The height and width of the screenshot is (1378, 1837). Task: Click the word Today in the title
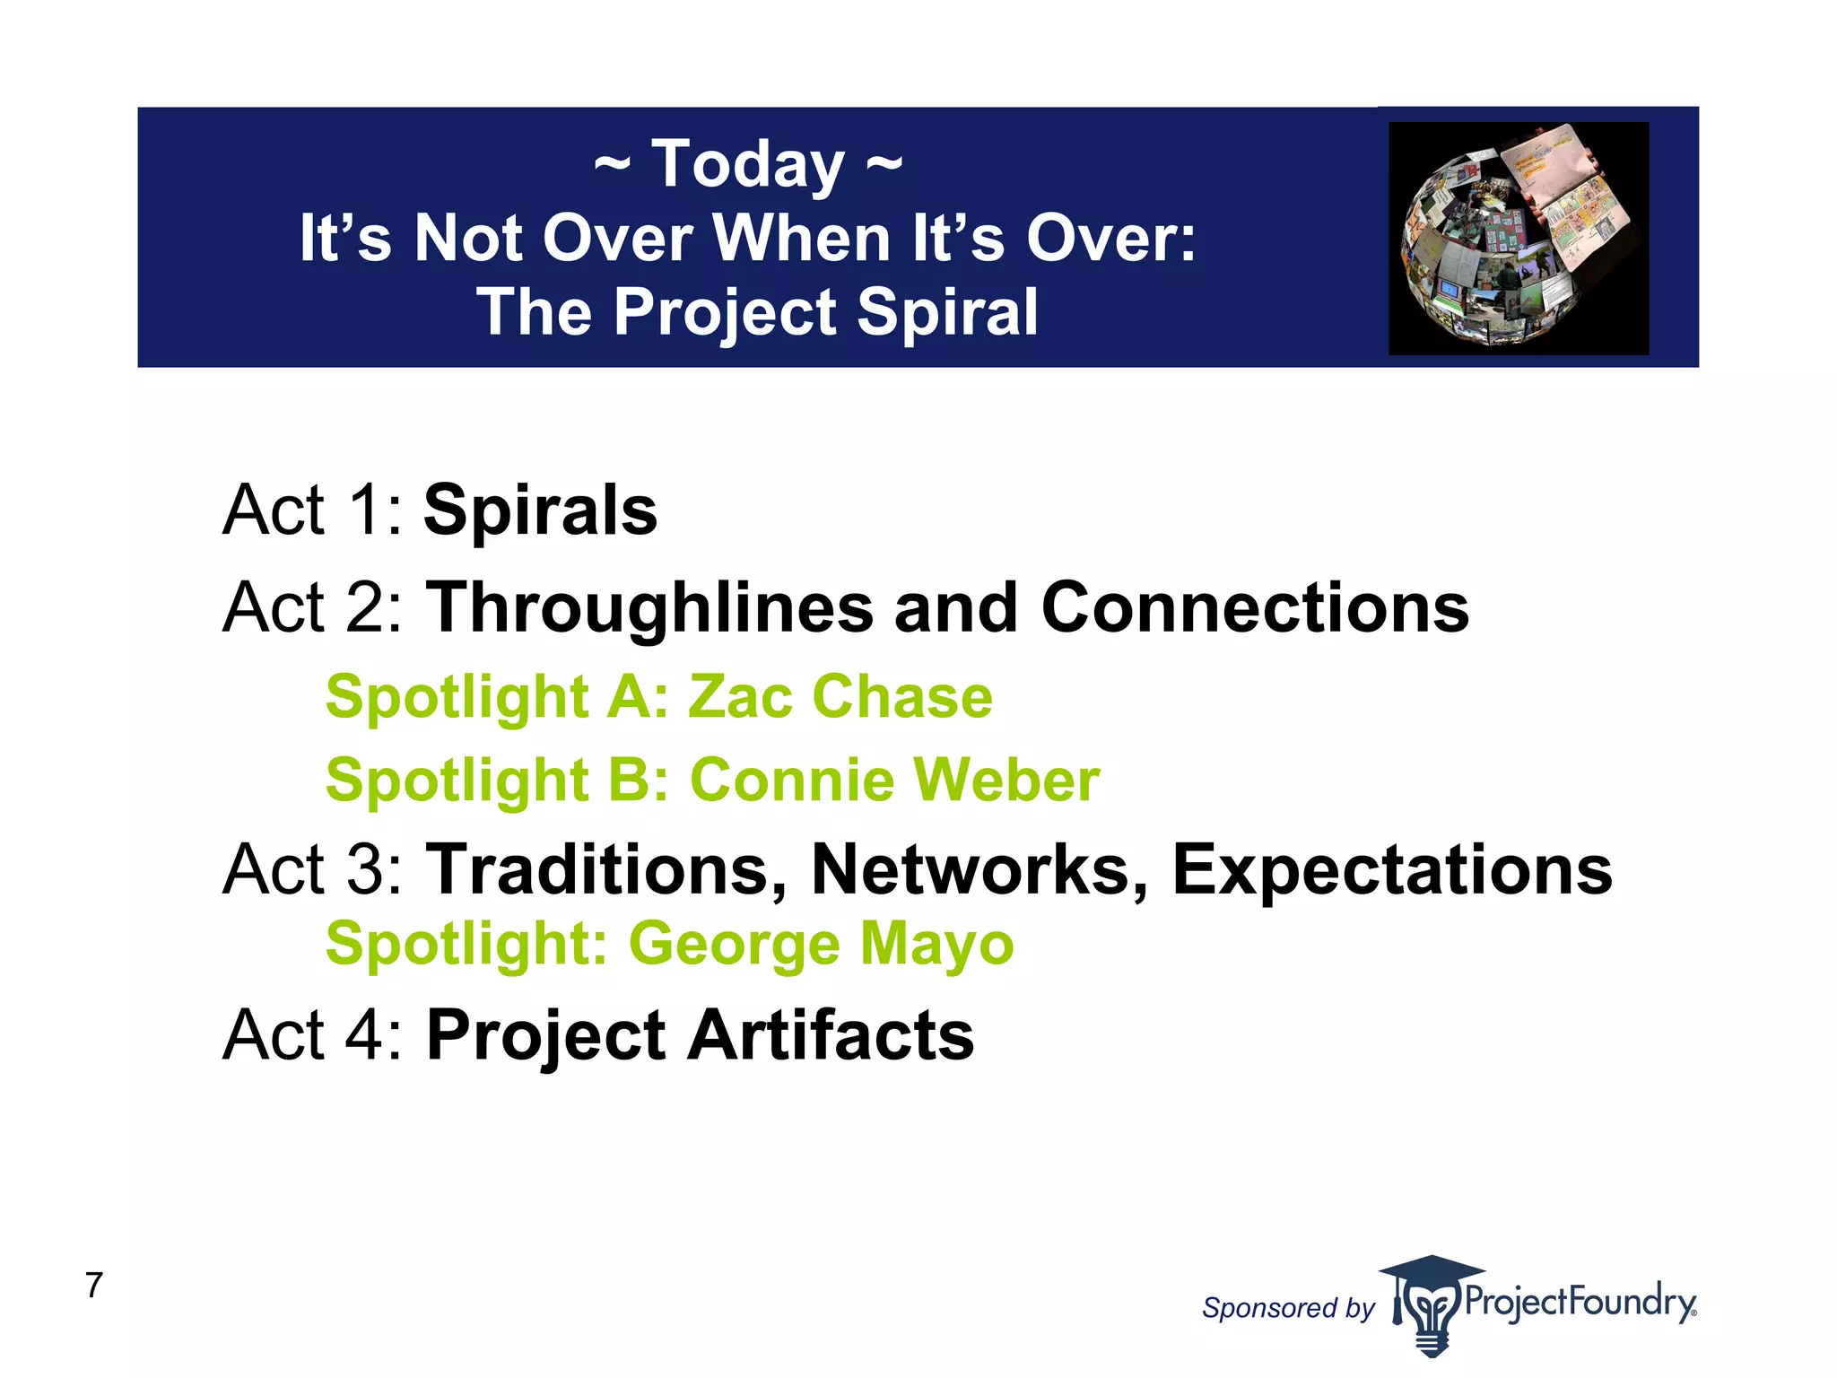coord(747,166)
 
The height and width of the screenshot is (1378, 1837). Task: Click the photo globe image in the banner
coord(1518,239)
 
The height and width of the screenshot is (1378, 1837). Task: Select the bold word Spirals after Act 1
coord(540,510)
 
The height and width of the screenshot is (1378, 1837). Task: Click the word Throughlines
coord(649,608)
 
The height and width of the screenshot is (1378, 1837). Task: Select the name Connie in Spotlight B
coord(791,780)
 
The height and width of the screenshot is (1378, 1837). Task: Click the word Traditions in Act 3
coord(606,870)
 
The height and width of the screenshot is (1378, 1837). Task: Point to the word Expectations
coord(1392,870)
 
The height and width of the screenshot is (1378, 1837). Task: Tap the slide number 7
coord(94,1286)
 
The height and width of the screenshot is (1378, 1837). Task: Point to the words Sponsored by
coord(1287,1308)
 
